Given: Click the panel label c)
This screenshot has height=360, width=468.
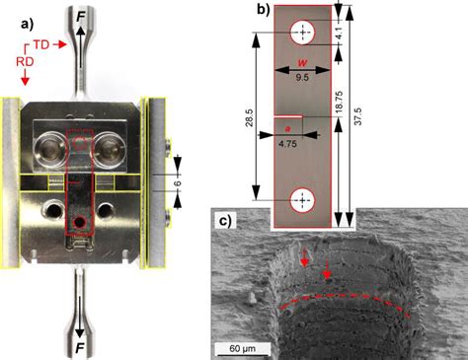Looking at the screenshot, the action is point(225,220).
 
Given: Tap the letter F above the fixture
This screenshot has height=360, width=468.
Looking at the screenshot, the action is point(80,16).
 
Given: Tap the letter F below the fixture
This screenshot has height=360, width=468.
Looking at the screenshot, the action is point(79,346).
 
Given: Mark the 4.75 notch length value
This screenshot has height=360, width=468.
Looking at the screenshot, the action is point(287,141).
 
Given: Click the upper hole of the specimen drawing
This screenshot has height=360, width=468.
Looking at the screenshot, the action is point(302,34).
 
